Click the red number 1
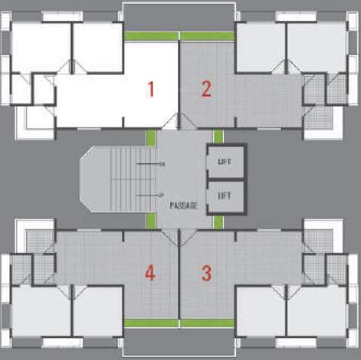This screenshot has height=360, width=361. coord(151,90)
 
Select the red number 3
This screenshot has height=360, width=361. coord(206,272)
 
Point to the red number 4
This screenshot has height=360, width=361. coord(150,272)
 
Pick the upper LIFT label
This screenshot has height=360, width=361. coord(224,162)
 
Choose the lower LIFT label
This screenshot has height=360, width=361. coord(224,195)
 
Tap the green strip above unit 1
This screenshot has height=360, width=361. coord(151,36)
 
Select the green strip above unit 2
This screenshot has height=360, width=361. coord(206,36)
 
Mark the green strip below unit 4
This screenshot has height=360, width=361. coord(151,323)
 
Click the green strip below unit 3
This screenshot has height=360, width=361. coord(206,323)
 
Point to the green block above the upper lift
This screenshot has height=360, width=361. coord(218,137)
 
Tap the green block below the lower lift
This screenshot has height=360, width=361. coord(218,222)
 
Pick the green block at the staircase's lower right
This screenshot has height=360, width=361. coord(150,221)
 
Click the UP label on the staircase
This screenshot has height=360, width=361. coord(163,195)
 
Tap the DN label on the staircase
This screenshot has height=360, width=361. coord(163,164)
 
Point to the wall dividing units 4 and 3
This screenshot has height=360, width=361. coord(179,275)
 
